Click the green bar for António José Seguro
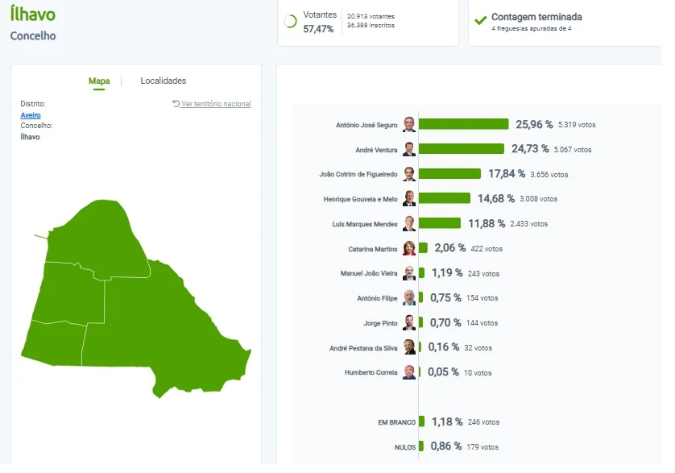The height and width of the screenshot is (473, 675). (x=464, y=124)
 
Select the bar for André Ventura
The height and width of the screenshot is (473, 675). (x=462, y=149)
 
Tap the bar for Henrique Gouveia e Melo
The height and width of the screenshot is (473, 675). (x=445, y=198)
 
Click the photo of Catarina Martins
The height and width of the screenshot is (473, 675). (x=409, y=248)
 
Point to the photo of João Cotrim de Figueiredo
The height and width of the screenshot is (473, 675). (x=409, y=174)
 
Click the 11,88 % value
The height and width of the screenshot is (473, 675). (x=487, y=223)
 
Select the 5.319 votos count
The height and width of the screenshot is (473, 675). (x=577, y=125)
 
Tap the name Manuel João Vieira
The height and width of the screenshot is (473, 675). (x=369, y=273)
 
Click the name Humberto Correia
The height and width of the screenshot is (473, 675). (x=371, y=372)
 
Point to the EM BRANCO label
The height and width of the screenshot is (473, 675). (x=396, y=422)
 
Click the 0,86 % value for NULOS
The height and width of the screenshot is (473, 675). (x=446, y=446)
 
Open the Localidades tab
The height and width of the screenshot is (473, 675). (x=164, y=81)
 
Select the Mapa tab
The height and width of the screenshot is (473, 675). (x=99, y=81)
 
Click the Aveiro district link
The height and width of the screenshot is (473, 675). (x=31, y=115)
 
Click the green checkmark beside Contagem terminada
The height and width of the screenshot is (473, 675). (x=480, y=20)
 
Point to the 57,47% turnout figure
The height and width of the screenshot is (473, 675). (x=318, y=29)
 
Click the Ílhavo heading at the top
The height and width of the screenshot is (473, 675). (x=33, y=14)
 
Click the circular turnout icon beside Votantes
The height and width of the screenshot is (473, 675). (x=290, y=21)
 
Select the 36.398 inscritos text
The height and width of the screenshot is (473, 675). (x=371, y=26)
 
